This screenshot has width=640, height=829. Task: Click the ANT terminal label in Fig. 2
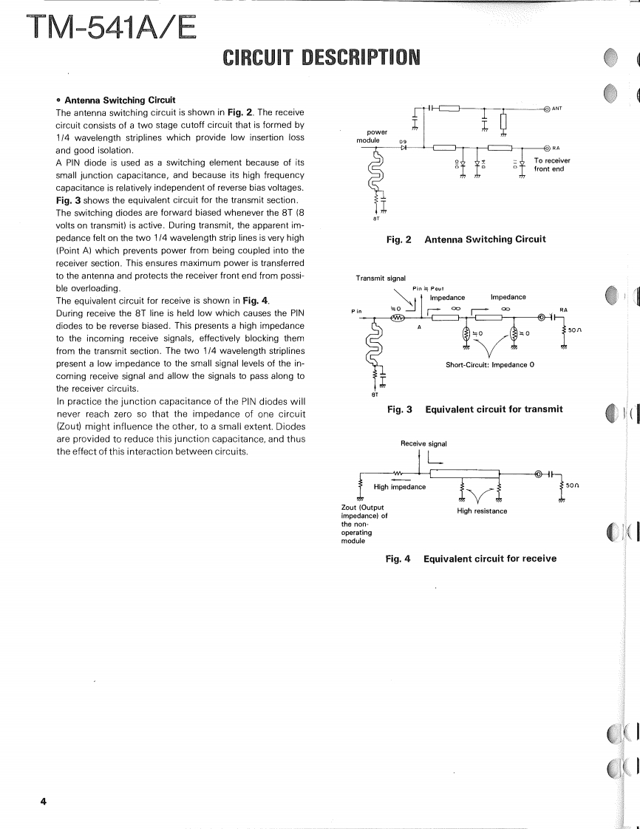coord(558,109)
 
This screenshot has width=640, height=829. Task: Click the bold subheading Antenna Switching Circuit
coord(120,100)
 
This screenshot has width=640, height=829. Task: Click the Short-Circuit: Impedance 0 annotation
coord(485,365)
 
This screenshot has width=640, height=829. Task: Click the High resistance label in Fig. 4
coord(482,511)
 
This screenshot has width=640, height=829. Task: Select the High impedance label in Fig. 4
coord(400,486)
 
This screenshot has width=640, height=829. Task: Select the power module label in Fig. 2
coord(368,135)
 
